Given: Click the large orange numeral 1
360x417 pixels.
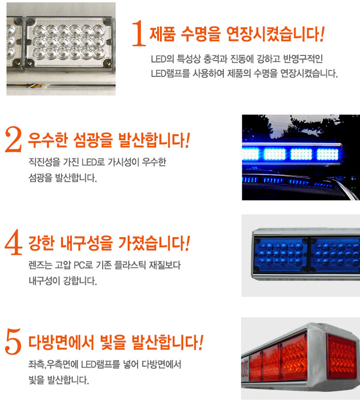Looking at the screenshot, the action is pyautogui.click(x=139, y=34).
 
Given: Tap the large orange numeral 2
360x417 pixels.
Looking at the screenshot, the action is pyautogui.click(x=13, y=139).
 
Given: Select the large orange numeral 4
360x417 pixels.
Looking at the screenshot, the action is pyautogui.click(x=13, y=242).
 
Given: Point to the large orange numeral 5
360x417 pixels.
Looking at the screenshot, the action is pyautogui.click(x=13, y=342).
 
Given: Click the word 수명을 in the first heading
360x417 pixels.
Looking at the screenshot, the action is pyautogui.click(x=201, y=34).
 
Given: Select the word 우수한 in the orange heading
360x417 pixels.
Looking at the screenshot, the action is pyautogui.click(x=48, y=140).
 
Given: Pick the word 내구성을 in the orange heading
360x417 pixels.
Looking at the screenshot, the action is pyautogui.click(x=86, y=243).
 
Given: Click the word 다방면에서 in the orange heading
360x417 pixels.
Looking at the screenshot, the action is pyautogui.click(x=61, y=342).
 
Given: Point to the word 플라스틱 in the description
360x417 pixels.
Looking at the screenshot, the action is pyautogui.click(x=130, y=265).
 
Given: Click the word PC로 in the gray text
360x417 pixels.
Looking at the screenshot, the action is pyautogui.click(x=83, y=265).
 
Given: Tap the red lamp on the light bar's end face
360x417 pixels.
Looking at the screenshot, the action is pyautogui.click(x=342, y=356).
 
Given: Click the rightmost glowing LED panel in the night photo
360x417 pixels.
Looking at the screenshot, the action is pyautogui.click(x=327, y=154).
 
